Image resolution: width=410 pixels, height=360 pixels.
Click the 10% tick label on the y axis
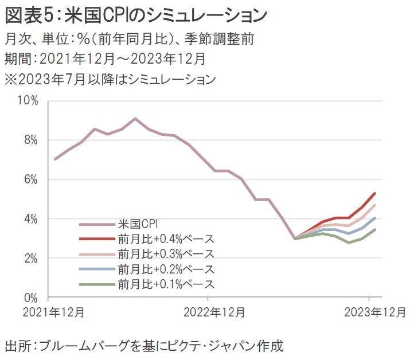[28, 101]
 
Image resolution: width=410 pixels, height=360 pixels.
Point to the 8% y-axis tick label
[30, 140]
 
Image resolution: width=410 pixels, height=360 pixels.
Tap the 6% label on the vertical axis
[30, 180]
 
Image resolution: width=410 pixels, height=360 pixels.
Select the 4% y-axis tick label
[30, 220]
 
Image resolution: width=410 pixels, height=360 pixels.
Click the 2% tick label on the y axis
[30, 259]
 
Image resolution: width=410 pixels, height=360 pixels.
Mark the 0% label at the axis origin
[30, 298]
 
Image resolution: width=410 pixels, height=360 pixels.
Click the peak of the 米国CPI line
[135, 119]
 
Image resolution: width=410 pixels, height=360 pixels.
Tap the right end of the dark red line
[375, 193]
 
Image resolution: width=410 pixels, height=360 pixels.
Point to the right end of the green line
[375, 229]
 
